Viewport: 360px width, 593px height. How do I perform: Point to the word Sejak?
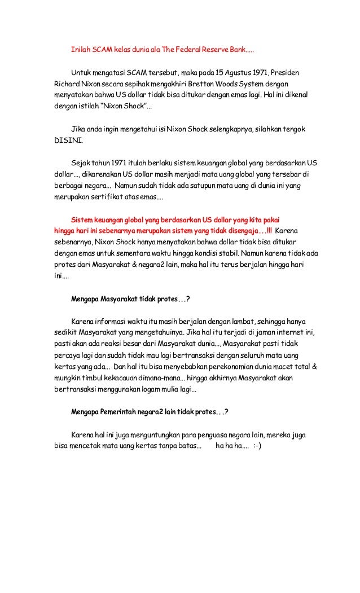[x=80, y=161]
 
